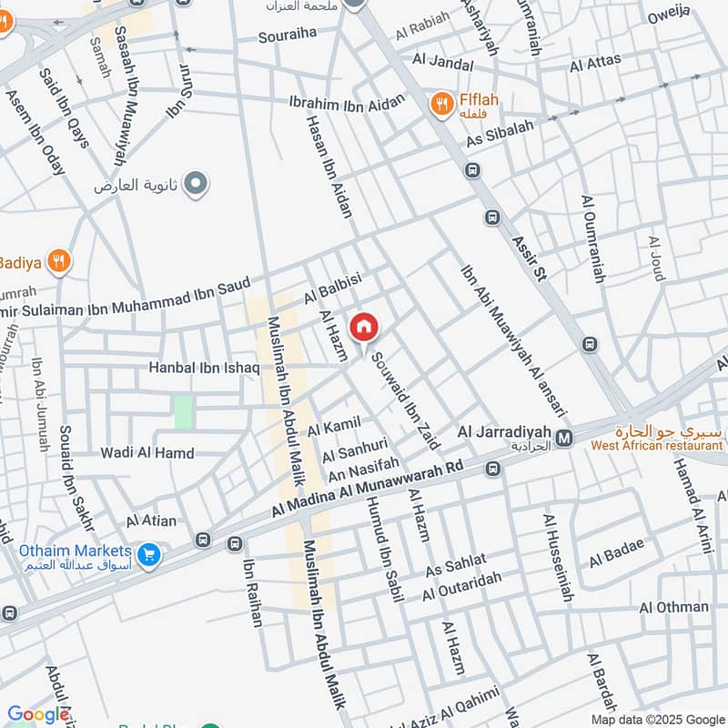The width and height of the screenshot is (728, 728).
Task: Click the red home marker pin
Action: [363, 327]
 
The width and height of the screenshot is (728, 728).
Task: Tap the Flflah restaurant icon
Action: [441, 104]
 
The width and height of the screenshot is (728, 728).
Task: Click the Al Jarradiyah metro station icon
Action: [564, 438]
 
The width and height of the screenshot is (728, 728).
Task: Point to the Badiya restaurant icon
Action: [59, 261]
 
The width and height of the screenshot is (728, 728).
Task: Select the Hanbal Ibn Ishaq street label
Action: [205, 369]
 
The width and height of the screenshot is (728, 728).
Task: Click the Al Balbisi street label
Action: [334, 287]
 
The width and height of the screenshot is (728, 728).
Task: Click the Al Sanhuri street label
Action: [349, 449]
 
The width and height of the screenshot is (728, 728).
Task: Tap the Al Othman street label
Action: [673, 607]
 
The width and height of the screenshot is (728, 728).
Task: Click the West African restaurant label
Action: [648, 445]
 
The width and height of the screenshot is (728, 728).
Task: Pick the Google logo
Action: [38, 714]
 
